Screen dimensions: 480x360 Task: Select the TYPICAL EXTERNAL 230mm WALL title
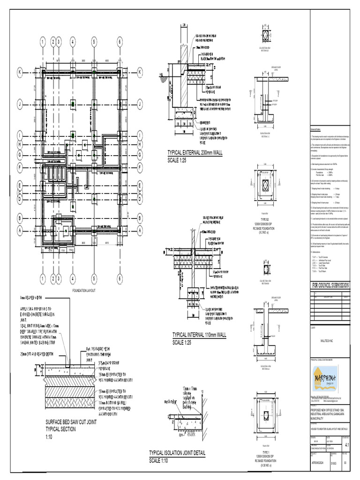coord(196,153)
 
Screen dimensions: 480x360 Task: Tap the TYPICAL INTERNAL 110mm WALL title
coord(199,335)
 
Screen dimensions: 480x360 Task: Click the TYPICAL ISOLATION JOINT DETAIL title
coord(177,453)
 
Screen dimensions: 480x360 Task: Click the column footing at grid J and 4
coord(73,104)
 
